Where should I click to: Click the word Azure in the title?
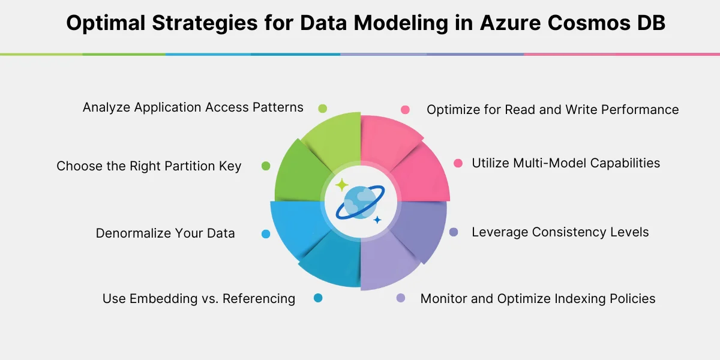point(510,23)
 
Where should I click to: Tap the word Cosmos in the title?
point(589,23)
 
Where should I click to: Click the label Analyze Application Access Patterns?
point(193,107)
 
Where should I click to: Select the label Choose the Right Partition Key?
point(149,166)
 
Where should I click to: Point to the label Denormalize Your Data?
point(165,233)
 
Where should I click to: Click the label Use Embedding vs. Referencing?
point(199,299)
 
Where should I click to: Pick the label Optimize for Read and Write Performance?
point(553,110)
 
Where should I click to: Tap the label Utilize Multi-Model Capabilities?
point(566,163)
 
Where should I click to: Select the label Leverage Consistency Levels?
point(560,232)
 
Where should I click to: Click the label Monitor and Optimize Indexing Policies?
point(538,299)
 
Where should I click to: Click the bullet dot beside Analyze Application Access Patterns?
point(322,109)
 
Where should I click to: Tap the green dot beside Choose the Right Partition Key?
point(266,166)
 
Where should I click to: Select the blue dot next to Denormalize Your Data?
point(266,234)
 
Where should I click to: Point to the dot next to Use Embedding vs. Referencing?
point(318,298)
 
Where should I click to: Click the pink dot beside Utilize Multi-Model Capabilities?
point(458,163)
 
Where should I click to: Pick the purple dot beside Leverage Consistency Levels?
point(454,232)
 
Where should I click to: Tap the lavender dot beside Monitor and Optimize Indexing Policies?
point(401,298)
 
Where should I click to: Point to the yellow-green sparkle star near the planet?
point(341,185)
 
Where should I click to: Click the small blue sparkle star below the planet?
point(377,220)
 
